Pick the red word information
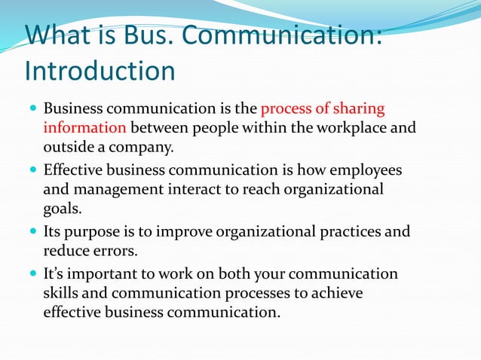pyautogui.click(x=84, y=128)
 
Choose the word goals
pyautogui.click(x=62, y=209)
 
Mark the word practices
pyautogui.click(x=343, y=231)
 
